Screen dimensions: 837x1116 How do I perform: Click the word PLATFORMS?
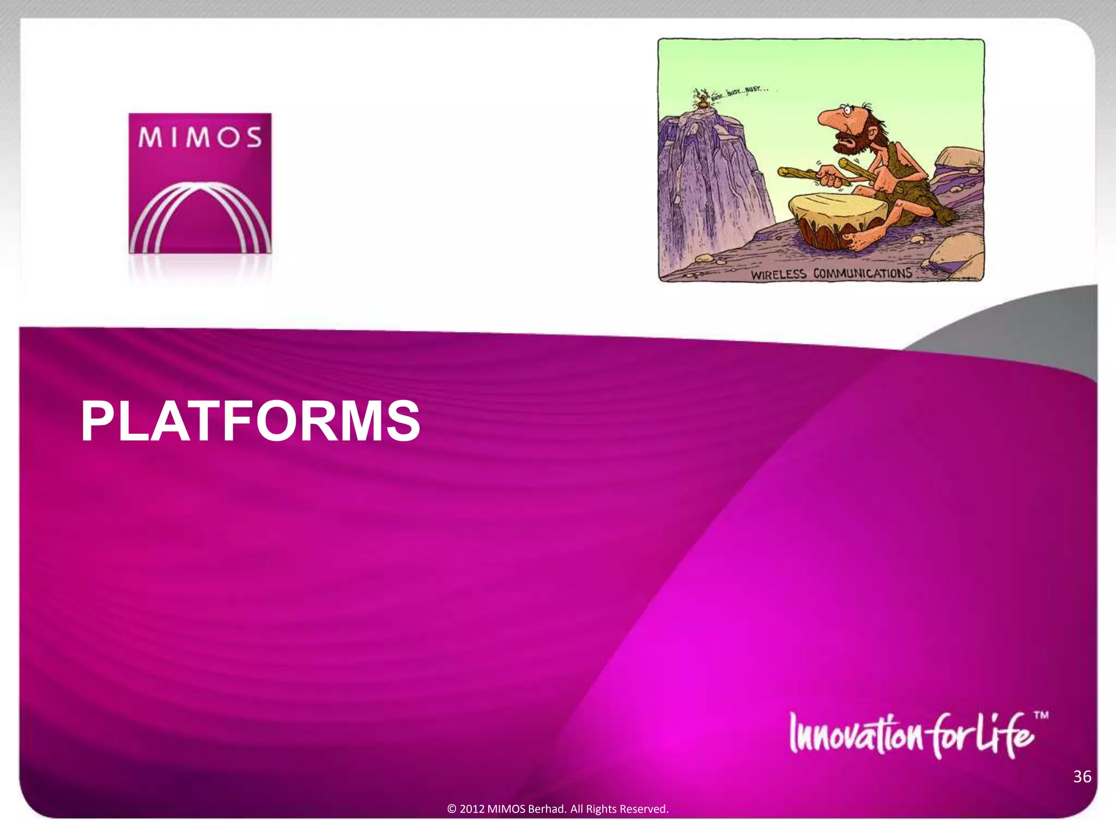click(x=250, y=421)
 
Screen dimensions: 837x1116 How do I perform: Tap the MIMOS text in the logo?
click(x=200, y=137)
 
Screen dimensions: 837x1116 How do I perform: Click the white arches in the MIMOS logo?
click(x=200, y=218)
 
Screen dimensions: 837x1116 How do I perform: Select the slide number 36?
click(x=1082, y=777)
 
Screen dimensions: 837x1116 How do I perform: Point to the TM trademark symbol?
click(x=1041, y=715)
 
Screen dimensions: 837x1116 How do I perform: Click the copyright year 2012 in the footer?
click(x=471, y=809)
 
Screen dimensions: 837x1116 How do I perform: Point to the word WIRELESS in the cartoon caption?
click(x=778, y=274)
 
